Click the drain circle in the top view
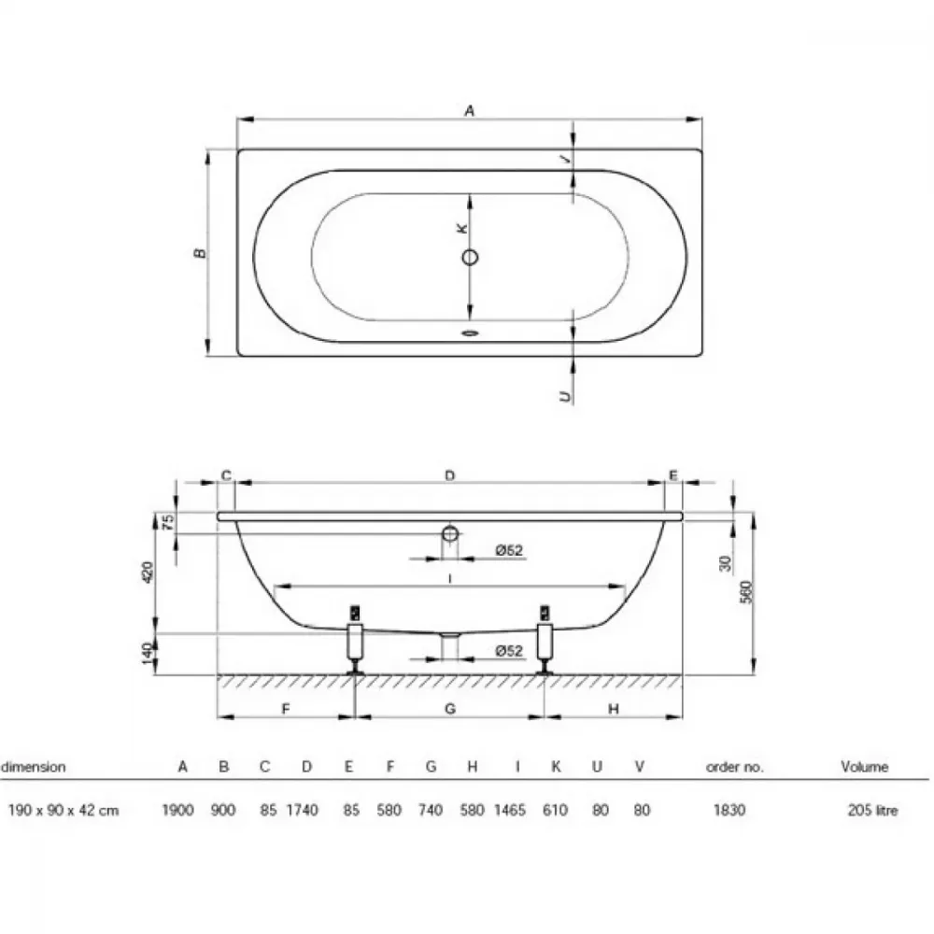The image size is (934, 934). click(x=470, y=258)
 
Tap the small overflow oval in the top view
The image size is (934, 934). click(x=471, y=333)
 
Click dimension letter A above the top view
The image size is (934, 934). click(x=470, y=111)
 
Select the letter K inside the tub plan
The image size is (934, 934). click(x=461, y=228)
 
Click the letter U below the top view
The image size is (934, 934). click(x=565, y=395)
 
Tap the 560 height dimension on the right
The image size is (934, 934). click(x=746, y=592)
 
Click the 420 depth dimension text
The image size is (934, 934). click(x=148, y=573)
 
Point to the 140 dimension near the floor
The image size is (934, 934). click(x=148, y=655)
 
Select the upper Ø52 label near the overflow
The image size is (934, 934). click(x=509, y=550)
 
